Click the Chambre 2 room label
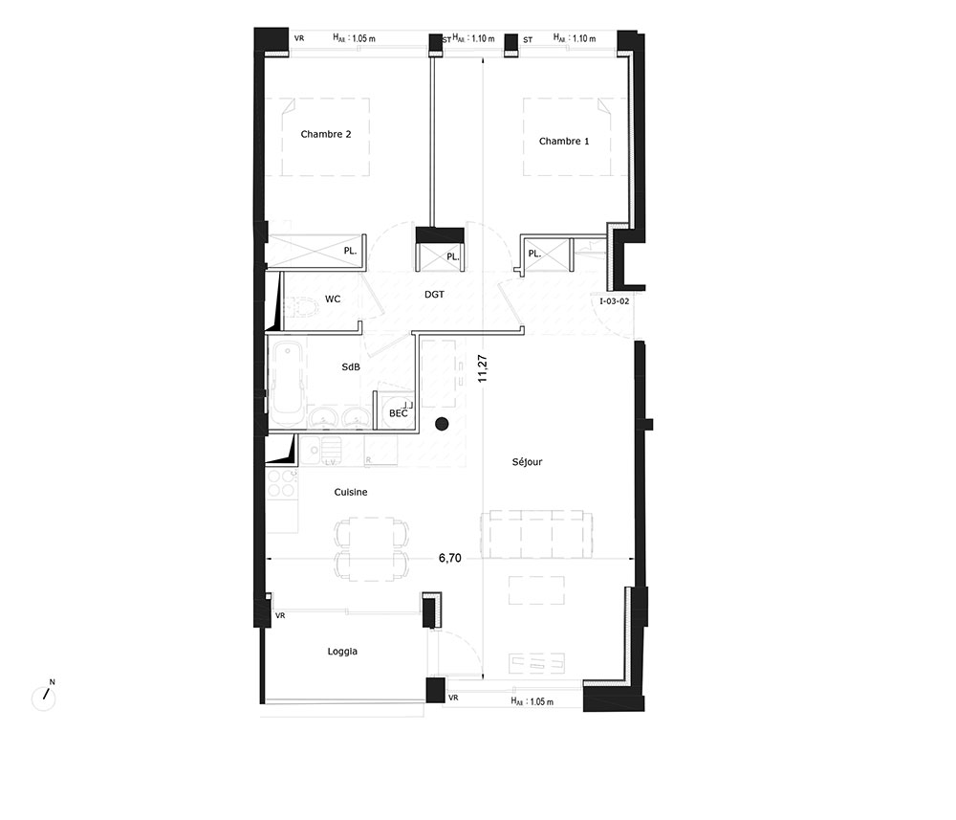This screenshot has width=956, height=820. tap(326, 134)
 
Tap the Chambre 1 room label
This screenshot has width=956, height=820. tap(564, 141)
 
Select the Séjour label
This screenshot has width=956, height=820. tap(527, 462)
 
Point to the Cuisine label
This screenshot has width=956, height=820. tap(351, 492)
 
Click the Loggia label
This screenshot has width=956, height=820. tap(342, 652)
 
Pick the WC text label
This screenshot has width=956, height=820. tap(333, 299)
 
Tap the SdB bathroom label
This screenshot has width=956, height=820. tap(351, 366)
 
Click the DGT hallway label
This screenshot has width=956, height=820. tap(434, 294)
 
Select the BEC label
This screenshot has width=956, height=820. tap(398, 413)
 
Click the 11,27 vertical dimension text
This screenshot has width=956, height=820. tap(482, 368)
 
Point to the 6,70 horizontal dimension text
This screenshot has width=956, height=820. tap(450, 558)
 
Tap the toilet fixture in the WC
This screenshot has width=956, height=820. tap(301, 306)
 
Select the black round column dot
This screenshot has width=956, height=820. tap(442, 424)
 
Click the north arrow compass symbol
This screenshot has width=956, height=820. tap(44, 697)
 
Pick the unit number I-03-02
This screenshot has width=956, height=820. tap(614, 301)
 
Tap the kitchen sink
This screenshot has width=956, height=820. tap(320, 450)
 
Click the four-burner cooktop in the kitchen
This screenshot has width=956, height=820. tap(282, 484)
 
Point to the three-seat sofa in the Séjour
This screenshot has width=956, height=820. tap(536, 534)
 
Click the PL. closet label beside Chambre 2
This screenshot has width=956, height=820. tap(349, 251)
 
